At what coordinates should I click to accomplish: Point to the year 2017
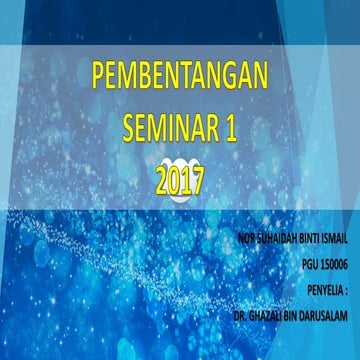tap(180, 181)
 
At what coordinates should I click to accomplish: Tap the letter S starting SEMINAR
tap(128, 128)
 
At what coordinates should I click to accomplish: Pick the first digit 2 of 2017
tap(163, 181)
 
